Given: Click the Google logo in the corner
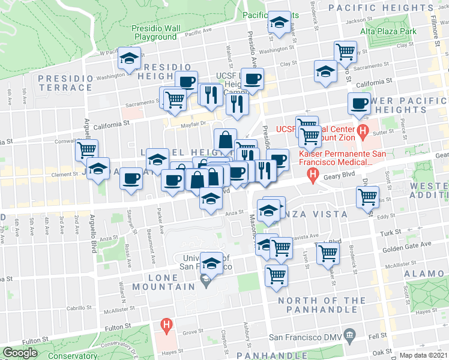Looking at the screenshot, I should pos(20,353).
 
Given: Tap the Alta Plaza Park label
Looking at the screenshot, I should pos(388,31).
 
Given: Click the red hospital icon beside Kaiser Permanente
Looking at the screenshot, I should pos(312,175).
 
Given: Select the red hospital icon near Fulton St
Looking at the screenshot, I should pos(166,326).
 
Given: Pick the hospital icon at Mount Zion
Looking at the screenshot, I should pos(362,130).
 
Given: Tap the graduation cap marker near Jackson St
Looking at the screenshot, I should pos(278,23).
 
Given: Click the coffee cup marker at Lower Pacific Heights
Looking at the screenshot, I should pos(360,103).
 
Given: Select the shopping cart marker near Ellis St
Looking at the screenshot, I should pos(367,196).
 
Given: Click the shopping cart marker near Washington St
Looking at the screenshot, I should pos(345,52).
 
